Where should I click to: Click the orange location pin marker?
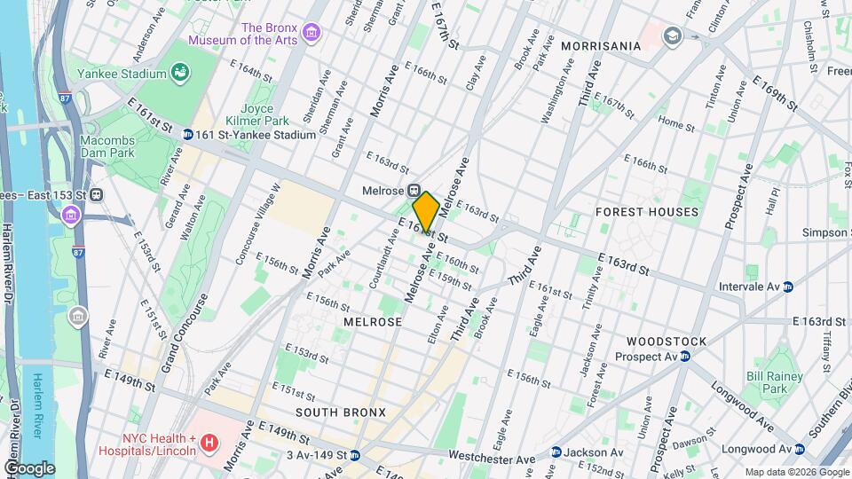(426, 211)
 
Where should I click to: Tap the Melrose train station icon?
(414, 191)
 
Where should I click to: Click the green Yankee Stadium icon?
(180, 71)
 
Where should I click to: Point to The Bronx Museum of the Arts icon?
(311, 34)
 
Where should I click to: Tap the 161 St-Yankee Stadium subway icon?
(188, 135)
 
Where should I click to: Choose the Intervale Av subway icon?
(787, 287)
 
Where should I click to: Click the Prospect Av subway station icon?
(685, 357)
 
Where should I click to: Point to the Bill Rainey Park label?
(767, 382)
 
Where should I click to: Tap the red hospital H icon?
(209, 442)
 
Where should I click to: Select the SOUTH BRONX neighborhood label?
(340, 412)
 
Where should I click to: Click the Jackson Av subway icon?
(556, 452)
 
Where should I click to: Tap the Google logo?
(29, 467)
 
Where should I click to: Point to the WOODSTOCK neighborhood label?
(666, 342)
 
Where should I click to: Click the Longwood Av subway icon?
(801, 449)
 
